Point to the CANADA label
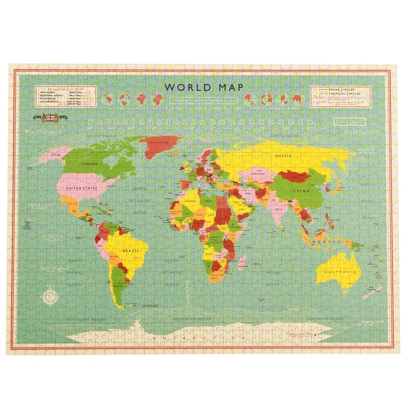click(x=90, y=164)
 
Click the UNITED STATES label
click(x=81, y=188)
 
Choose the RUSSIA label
click(x=283, y=155)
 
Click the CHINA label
click(x=301, y=191)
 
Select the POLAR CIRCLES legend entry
click(x=343, y=89)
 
